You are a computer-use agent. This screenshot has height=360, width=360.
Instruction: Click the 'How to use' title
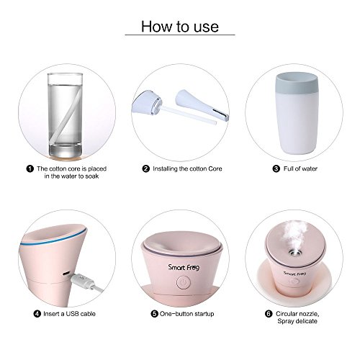(x=180, y=27)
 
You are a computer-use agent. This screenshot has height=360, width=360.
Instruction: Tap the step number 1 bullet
(x=30, y=168)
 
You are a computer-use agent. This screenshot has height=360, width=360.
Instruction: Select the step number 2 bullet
(x=145, y=168)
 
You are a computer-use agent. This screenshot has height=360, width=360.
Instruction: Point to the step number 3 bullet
(x=276, y=168)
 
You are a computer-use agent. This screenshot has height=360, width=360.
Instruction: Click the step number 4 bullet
(x=37, y=314)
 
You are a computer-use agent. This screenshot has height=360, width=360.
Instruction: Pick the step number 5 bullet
(x=154, y=314)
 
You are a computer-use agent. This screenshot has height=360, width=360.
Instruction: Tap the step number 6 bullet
(x=269, y=314)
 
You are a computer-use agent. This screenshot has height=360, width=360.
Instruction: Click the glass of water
(x=66, y=115)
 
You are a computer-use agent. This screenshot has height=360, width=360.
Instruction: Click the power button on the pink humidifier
(x=184, y=282)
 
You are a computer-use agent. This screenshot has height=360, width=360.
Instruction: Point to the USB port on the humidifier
(x=66, y=274)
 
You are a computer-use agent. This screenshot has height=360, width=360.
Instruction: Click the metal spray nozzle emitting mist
(x=295, y=252)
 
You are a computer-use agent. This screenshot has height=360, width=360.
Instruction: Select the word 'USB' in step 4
(x=72, y=314)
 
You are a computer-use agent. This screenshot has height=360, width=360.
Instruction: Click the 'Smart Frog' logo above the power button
(x=184, y=267)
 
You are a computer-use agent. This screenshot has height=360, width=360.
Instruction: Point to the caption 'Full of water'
(x=300, y=168)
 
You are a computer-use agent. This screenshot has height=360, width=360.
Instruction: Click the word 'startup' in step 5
(x=204, y=314)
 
